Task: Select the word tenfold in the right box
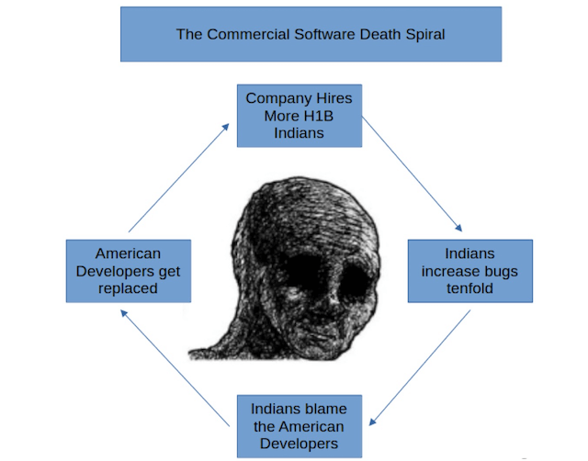[469, 289]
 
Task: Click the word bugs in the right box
[495, 271]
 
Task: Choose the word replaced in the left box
[128, 288]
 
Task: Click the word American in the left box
[128, 253]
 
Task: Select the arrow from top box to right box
[413, 174]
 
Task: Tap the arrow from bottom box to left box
[175, 365]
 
